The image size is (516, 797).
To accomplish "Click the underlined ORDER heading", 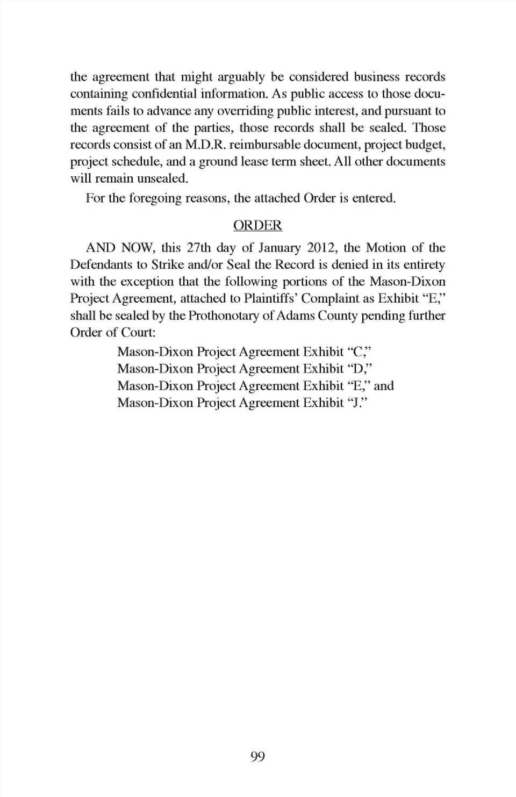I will (257, 225).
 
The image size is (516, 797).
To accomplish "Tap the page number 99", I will (257, 757).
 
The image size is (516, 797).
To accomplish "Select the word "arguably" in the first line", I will (241, 77).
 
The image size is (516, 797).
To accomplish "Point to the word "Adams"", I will (295, 315).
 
